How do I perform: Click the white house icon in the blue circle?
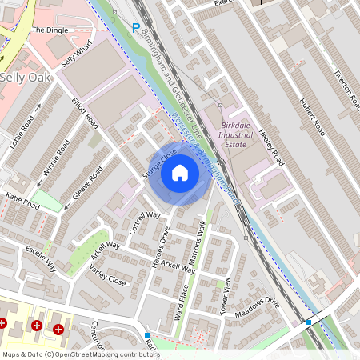click(x=180, y=172)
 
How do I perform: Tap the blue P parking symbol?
click(x=135, y=28)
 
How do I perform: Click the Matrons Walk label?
click(x=196, y=254)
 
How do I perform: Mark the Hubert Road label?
click(x=308, y=116)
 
